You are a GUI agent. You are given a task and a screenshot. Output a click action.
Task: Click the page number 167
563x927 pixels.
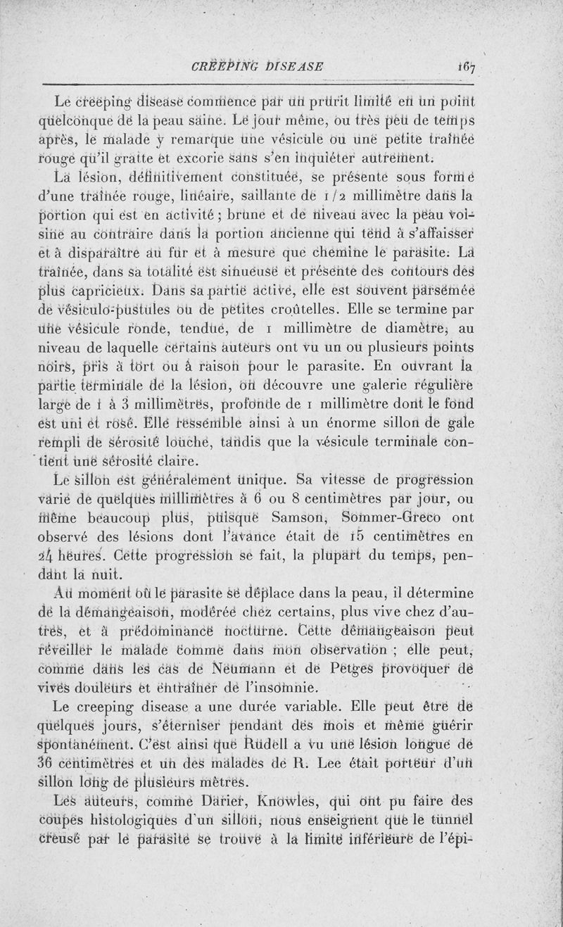tap(467, 67)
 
